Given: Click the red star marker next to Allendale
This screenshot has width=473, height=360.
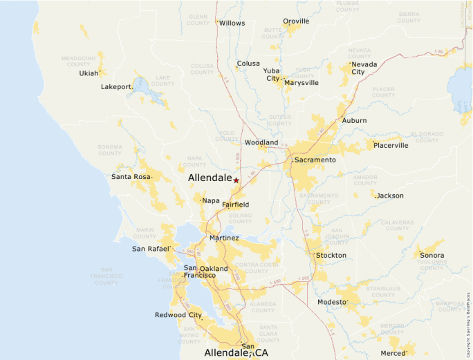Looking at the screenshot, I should point(236,180).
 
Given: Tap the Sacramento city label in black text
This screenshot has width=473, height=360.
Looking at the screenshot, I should point(315,160).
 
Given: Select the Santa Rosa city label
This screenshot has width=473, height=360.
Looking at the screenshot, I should point(131,177).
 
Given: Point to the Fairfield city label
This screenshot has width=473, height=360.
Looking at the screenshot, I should point(235,205).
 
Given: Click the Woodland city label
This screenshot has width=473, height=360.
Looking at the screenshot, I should point(261,142).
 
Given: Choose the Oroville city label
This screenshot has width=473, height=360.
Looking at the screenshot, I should point(296,21).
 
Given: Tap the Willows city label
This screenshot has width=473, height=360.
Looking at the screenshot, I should point(232,23).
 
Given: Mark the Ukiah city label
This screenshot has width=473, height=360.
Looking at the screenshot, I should point(89,73).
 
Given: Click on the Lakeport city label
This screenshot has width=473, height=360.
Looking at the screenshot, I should point(116,87).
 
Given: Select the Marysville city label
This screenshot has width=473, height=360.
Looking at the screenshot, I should point(302,82).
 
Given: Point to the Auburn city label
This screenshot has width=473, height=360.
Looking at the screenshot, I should point(354,120).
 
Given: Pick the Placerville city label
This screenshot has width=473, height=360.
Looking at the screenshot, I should point(391,145).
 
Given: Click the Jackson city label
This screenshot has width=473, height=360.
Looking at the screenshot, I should point(390,196).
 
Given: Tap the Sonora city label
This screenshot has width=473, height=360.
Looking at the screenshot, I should point(432,255).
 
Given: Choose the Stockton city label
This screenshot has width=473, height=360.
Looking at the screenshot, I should point(331,255).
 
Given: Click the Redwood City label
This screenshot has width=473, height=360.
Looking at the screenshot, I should point(178,315).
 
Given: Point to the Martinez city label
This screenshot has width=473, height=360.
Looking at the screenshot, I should point(224,238).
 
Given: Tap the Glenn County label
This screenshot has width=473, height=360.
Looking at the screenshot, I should point(198,19).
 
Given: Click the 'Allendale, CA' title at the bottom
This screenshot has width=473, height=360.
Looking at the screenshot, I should point(236,353).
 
